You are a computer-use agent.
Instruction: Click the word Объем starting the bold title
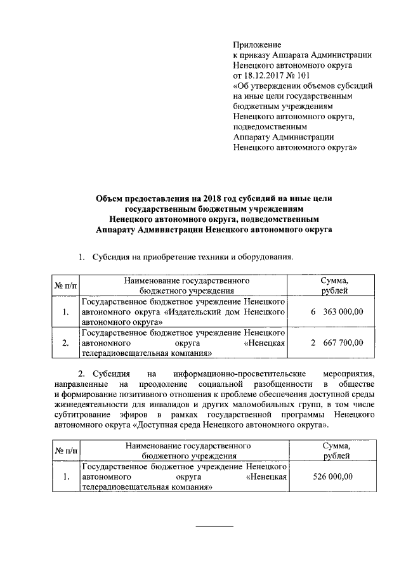tap(109, 199)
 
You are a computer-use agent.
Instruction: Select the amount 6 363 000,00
tap(337, 311)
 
